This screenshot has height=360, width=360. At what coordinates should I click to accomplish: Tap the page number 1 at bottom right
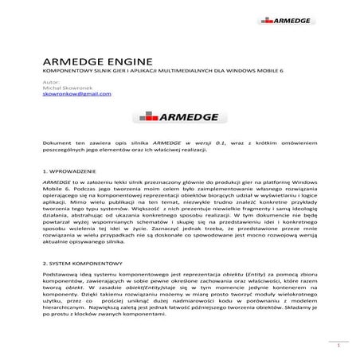click(338, 346)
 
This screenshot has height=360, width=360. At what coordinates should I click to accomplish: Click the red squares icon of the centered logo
click(149, 116)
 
